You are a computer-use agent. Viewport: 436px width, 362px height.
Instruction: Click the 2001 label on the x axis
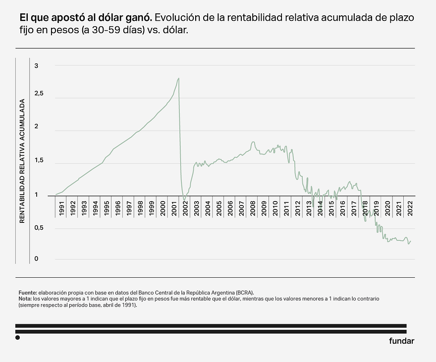tap(174, 209)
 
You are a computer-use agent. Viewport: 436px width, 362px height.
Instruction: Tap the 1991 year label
tap(61, 209)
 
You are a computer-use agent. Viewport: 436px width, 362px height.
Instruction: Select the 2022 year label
tap(410, 209)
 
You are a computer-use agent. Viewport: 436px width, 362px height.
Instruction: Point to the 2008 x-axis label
tap(253, 209)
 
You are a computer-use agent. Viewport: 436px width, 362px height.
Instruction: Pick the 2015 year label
tap(331, 209)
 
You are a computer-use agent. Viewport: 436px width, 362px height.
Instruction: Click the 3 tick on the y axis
tap(36, 65)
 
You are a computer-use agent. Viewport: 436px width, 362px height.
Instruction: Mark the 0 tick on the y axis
tap(36, 259)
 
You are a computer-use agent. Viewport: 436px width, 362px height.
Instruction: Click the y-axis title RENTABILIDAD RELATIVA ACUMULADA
tap(22, 161)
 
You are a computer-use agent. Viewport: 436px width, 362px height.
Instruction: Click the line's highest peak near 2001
tap(178, 78)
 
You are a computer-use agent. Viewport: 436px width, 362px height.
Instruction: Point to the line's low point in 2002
tap(184, 200)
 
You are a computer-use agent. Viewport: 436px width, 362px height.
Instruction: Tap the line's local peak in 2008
tap(253, 142)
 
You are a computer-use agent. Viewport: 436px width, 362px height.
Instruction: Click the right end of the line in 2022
tap(411, 241)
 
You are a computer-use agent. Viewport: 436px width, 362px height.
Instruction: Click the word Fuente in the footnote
tap(27, 293)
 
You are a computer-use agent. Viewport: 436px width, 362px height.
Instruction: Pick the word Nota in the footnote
tap(25, 299)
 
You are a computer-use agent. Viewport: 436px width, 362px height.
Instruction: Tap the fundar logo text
tap(401, 341)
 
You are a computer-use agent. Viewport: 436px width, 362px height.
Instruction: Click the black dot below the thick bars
tap(18, 338)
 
